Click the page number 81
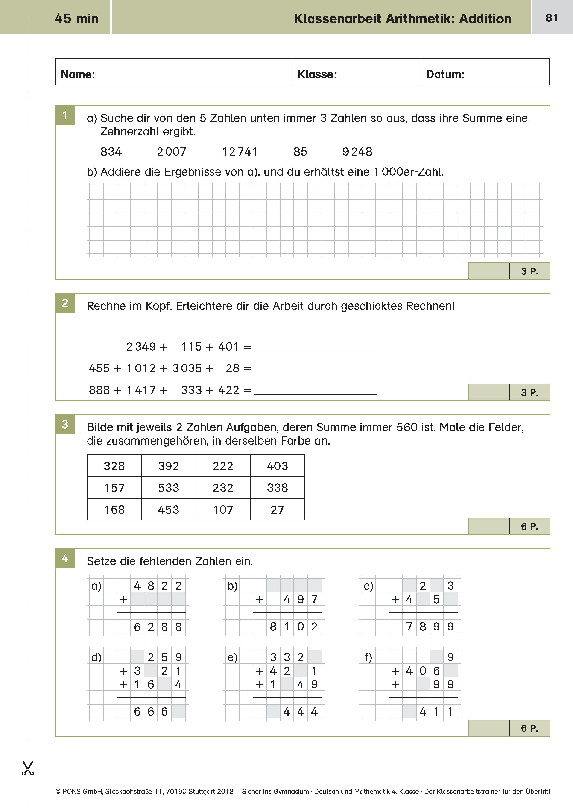click(552, 18)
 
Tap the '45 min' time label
click(76, 19)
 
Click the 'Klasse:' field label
click(317, 74)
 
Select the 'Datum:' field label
click(445, 74)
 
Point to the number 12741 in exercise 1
click(240, 152)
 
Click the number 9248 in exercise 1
click(357, 152)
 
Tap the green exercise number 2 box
click(65, 303)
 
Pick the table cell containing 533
click(169, 488)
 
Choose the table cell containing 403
click(277, 466)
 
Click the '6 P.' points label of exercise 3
click(529, 527)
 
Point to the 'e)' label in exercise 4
click(232, 657)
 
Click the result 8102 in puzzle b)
click(294, 627)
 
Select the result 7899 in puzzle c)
click(429, 627)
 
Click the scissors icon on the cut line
click(28, 768)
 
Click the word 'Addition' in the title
click(485, 19)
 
